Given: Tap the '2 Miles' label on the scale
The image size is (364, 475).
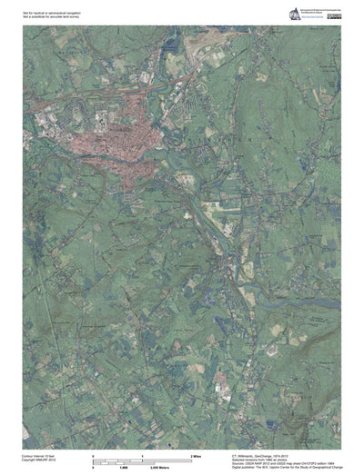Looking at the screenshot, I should pos(195,453).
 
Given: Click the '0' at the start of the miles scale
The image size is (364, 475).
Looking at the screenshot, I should pos(94,453).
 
